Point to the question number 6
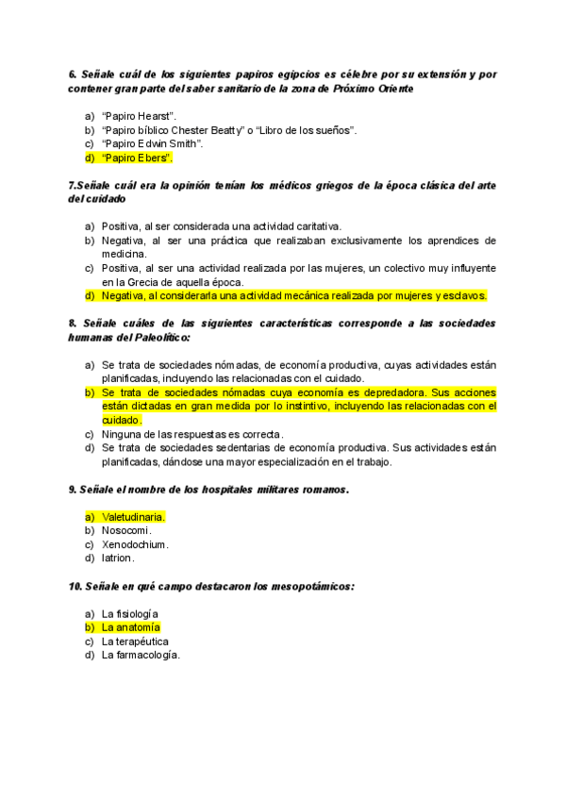[73, 74]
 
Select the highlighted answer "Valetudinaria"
[134, 517]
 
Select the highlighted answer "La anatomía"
[131, 627]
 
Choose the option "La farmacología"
[141, 655]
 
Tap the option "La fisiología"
[130, 614]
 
